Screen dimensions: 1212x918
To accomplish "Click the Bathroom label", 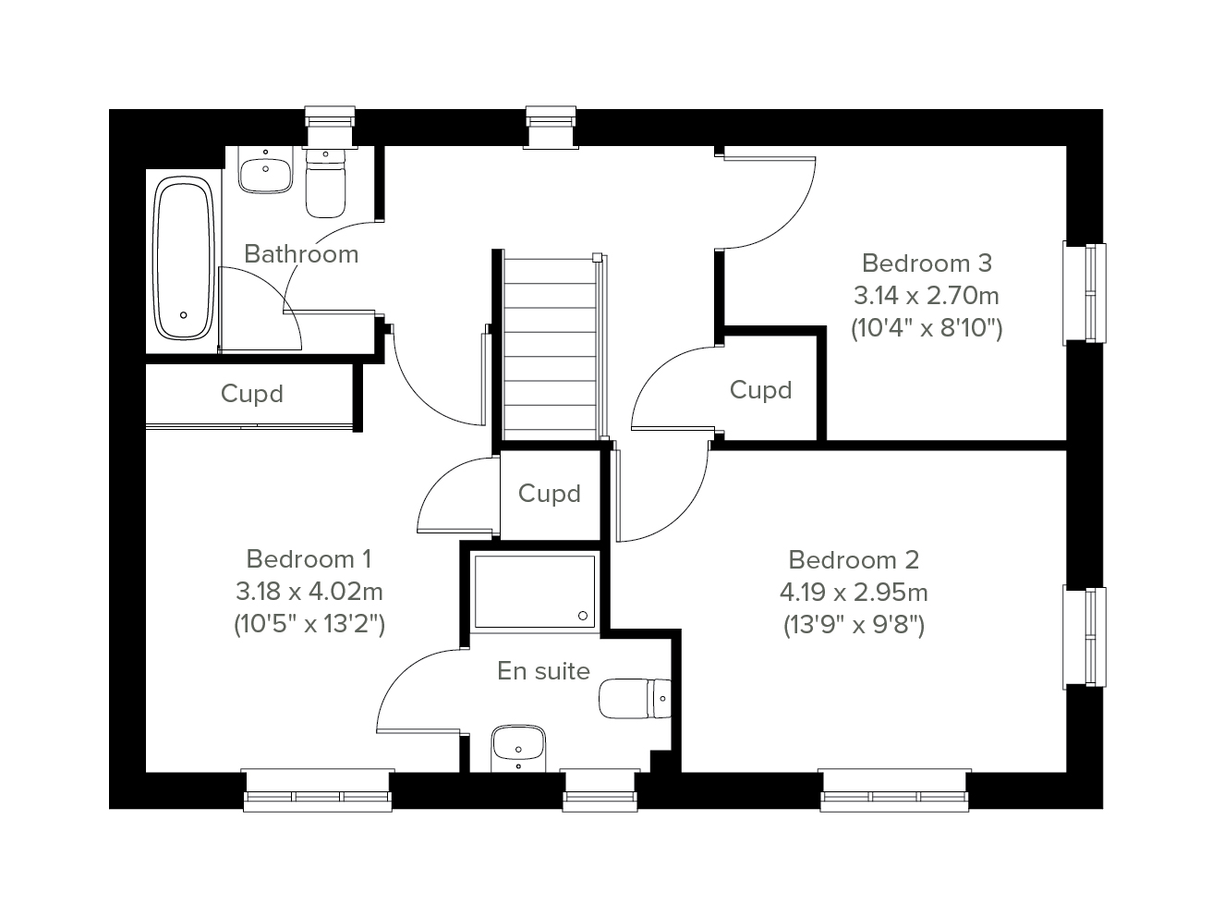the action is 301,254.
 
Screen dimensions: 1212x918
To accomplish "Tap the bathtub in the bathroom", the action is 183,257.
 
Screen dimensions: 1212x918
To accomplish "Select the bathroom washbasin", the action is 265,169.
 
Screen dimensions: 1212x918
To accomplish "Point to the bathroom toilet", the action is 325,183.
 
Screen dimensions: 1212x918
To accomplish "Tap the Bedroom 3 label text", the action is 927,263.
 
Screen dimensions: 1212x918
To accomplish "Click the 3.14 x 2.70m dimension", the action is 926,296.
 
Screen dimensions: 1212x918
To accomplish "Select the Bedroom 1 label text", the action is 309,559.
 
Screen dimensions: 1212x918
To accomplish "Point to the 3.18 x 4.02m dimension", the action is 309,592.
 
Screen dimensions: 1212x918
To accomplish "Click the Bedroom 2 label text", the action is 854,560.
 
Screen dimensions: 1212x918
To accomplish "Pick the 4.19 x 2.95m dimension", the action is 854,593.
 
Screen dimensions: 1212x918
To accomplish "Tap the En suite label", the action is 544,671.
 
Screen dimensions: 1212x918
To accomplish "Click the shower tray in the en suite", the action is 535,591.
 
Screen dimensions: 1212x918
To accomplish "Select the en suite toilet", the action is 635,699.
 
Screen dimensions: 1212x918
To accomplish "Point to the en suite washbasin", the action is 518,749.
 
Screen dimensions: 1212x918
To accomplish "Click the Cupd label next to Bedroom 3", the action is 760,390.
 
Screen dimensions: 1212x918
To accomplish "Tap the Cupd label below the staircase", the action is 550,494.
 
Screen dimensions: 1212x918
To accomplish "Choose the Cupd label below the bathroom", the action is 252,394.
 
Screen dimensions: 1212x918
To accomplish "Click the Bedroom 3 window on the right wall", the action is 1085,293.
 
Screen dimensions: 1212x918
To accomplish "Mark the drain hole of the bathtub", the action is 183,315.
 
